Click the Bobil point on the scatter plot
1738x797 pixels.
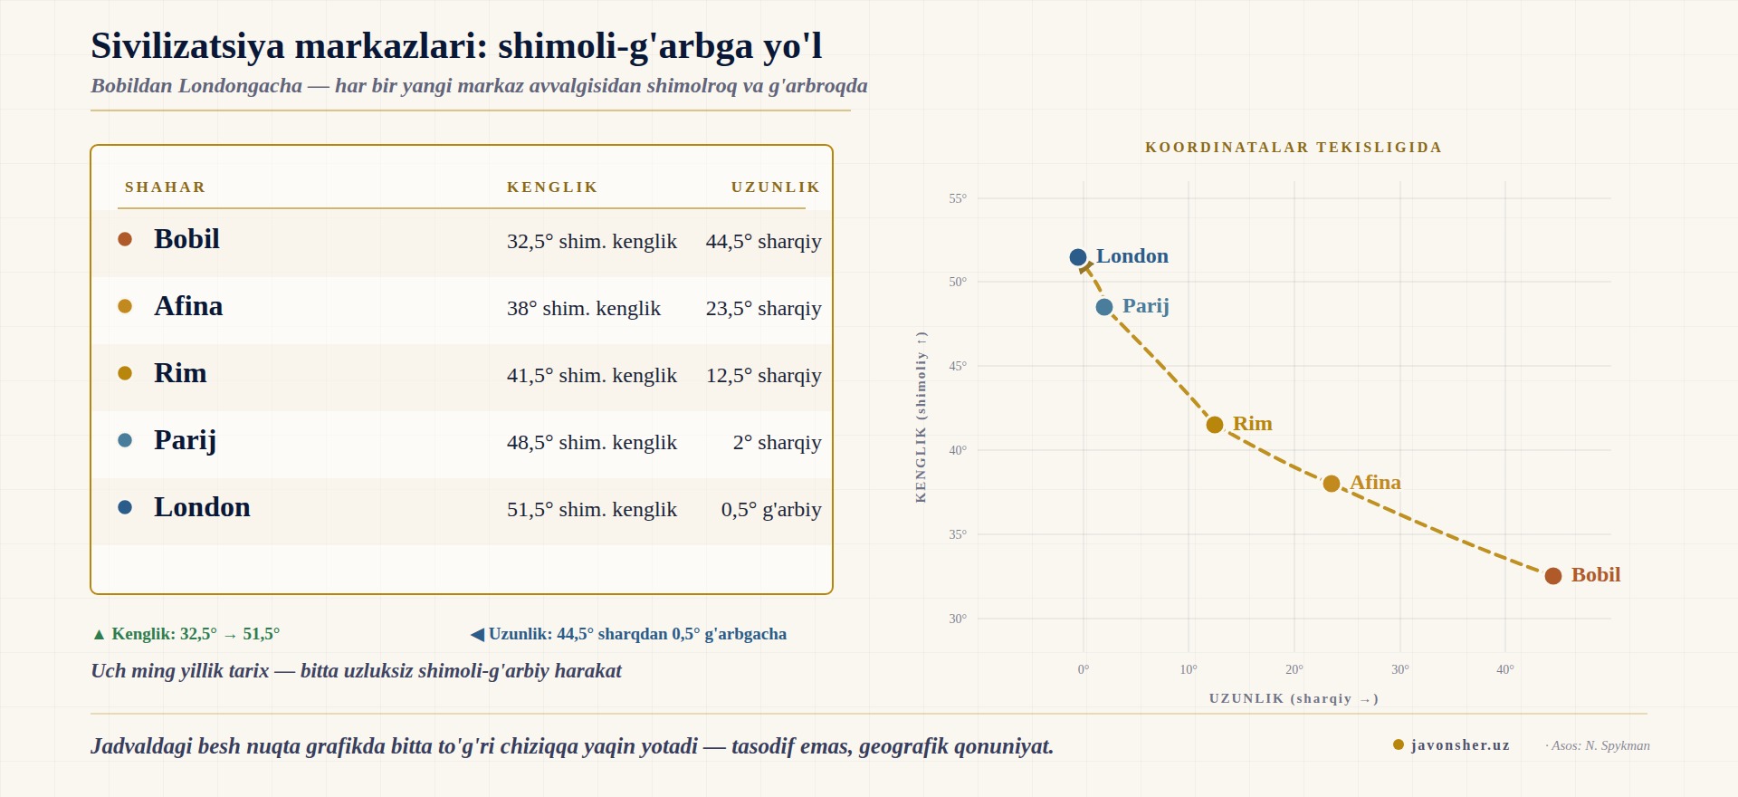[1553, 576]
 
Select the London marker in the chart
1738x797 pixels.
[1078, 257]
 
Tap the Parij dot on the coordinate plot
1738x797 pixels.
[1104, 307]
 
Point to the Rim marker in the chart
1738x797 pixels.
[1215, 425]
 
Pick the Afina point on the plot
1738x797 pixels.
[1332, 484]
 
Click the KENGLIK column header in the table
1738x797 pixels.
[552, 187]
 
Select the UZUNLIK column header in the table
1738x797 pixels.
[776, 187]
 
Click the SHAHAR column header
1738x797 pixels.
[166, 187]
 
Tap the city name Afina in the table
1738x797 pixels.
[188, 306]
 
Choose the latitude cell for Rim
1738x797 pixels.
[592, 375]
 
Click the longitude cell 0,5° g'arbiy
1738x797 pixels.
[771, 509]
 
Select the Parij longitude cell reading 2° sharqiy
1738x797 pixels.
[778, 442]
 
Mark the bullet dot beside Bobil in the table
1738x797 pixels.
[125, 239]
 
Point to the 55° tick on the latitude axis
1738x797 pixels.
[958, 198]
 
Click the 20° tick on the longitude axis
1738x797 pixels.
[1294, 669]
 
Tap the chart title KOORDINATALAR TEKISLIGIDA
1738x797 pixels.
[1294, 148]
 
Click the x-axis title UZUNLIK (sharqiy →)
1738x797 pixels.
[1294, 698]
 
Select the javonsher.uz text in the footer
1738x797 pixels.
[1460, 745]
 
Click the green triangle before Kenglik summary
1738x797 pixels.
[100, 634]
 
